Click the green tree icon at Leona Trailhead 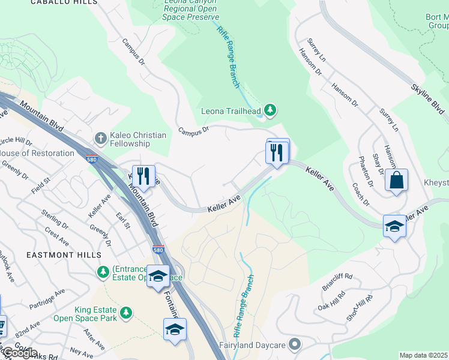tap(271, 110)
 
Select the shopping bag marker tap(396, 180)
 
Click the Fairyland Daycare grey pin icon tap(294, 344)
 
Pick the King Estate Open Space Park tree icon tap(125, 313)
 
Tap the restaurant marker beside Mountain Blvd tap(143, 176)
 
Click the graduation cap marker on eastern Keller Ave tap(394, 226)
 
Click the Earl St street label tap(124, 219)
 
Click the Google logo tap(19, 353)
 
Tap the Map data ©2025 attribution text tap(424, 355)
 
